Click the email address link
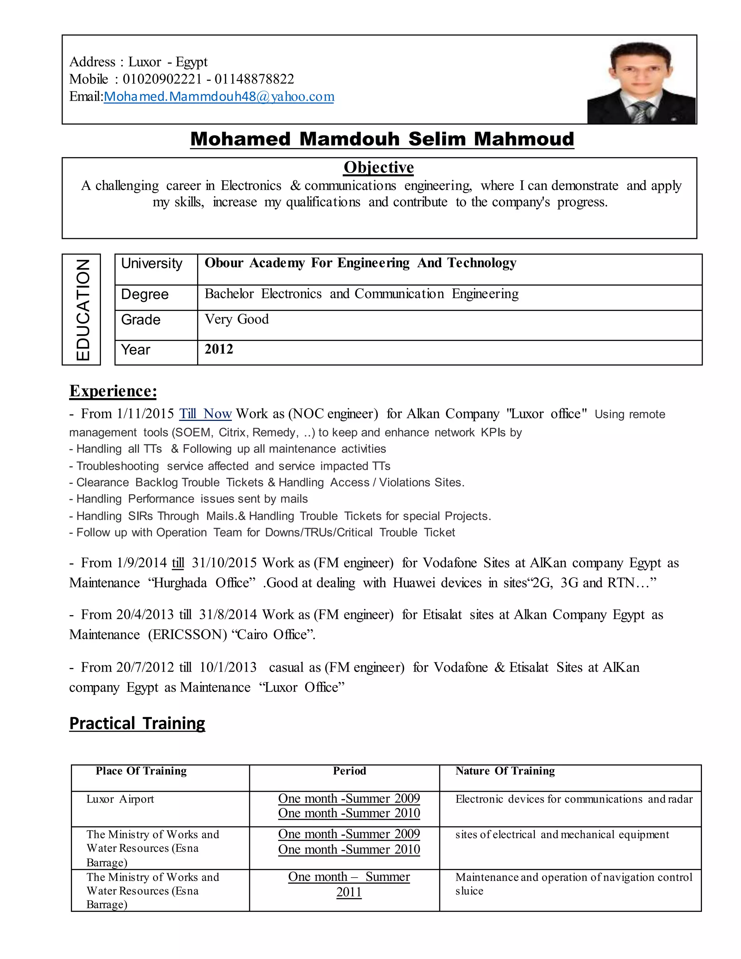tap(219, 97)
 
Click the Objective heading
tap(378, 167)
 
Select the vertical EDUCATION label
tap(82, 309)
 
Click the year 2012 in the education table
tap(219, 349)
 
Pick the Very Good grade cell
tap(237, 319)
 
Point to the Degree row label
tap(144, 294)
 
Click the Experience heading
tap(113, 391)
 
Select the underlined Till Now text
tap(205, 414)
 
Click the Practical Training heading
tap(137, 723)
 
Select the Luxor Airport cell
tap(120, 799)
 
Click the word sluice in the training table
tap(469, 891)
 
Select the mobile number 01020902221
tap(162, 79)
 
